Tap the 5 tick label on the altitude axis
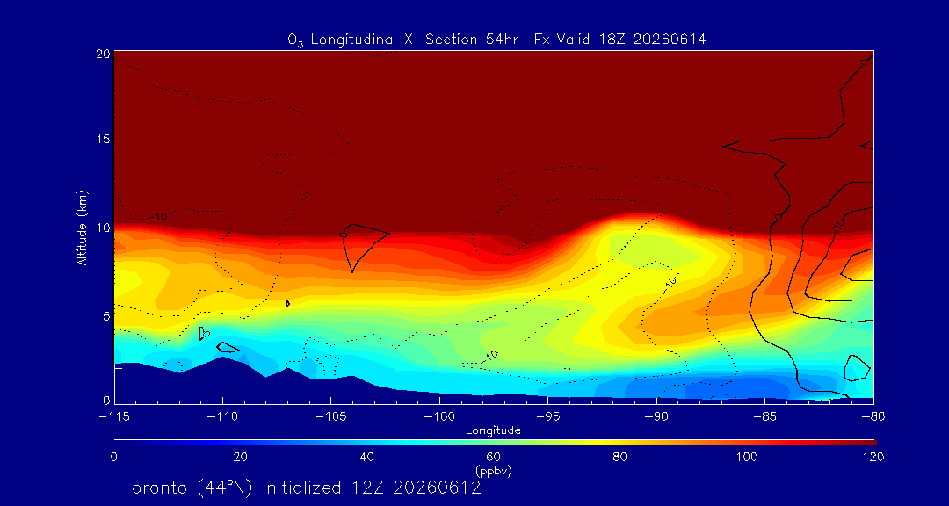107,315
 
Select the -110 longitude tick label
222,416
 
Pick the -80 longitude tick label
873,416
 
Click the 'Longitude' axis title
493,430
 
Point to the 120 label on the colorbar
873,457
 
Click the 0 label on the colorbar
113,457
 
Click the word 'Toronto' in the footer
158,488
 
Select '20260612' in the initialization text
442,488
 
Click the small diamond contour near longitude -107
287,304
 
